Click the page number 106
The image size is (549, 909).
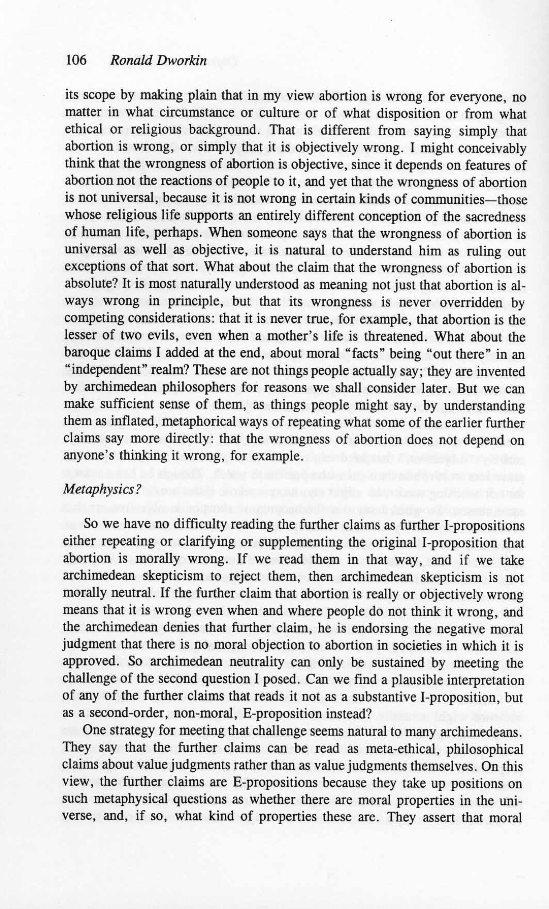click(x=76, y=60)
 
